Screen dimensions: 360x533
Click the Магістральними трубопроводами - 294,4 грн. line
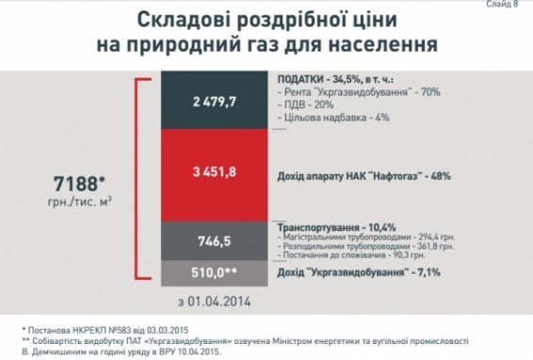pyautogui.click(x=362, y=239)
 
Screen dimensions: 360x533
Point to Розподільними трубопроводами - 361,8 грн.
pyautogui.click(x=361, y=249)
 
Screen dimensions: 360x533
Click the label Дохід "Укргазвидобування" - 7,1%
pyautogui.click(x=359, y=273)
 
